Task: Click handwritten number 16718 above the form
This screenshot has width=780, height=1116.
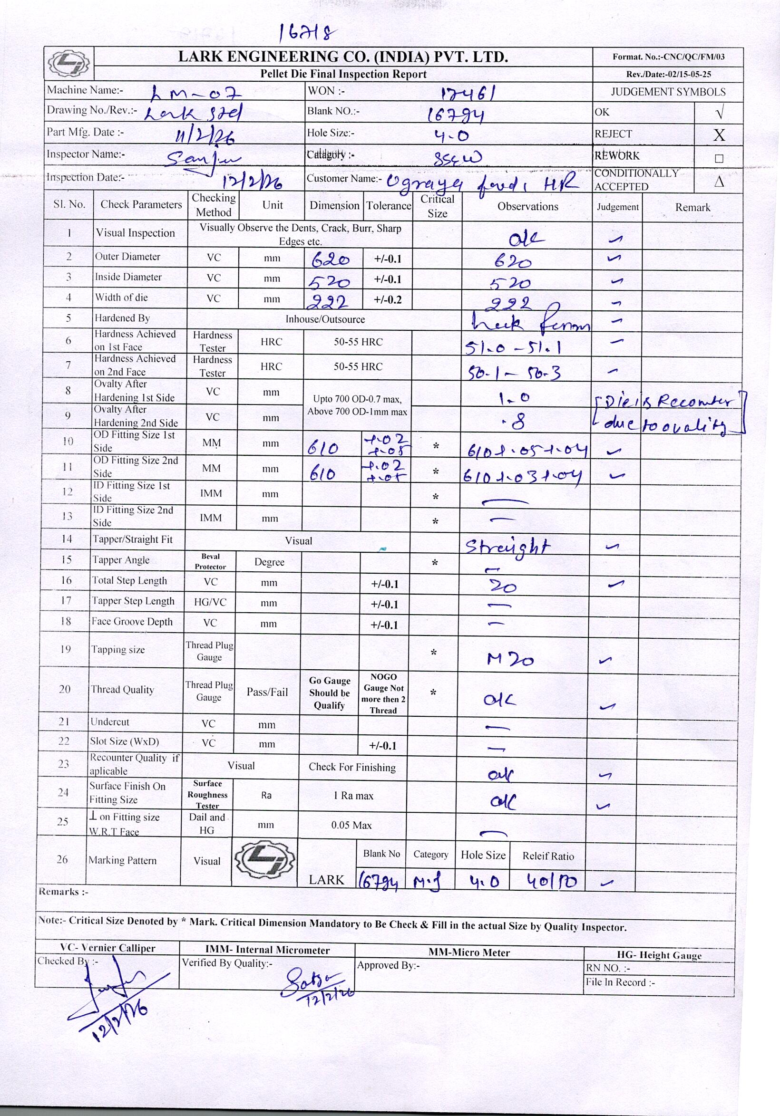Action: point(307,33)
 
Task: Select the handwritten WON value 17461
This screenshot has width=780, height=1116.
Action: point(468,92)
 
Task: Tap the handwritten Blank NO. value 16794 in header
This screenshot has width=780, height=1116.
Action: point(456,115)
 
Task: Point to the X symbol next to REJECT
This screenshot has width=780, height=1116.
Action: point(719,135)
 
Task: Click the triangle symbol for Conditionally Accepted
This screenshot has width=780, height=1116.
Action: point(719,181)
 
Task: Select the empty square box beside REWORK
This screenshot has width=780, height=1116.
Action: point(719,158)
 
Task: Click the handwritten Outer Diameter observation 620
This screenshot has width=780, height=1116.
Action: point(513,262)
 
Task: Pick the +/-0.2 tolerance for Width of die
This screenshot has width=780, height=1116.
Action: point(388,300)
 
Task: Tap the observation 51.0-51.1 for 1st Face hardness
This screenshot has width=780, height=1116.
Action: point(513,347)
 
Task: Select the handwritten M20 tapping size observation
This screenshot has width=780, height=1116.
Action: point(510,659)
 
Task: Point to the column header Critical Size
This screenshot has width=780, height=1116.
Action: point(437,206)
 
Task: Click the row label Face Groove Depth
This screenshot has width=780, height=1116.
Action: point(132,622)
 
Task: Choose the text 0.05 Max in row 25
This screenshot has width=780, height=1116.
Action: point(351,825)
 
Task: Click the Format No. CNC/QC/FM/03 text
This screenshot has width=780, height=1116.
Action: point(668,57)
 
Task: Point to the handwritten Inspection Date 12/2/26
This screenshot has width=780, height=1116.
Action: point(253,182)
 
